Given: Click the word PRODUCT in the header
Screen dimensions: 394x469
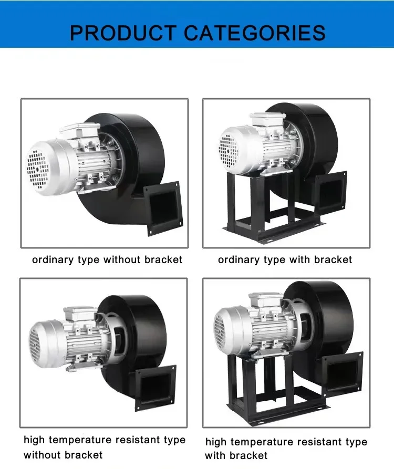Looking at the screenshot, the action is click(123, 33).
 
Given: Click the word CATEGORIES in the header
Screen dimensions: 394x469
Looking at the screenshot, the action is click(255, 33).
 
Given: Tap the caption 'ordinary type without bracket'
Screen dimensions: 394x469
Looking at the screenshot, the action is click(107, 260).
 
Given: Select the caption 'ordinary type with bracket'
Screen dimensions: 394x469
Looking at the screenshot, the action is click(285, 260).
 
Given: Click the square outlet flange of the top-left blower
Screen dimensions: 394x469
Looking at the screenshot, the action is click(163, 208).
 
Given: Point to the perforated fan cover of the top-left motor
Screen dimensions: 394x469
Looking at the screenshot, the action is click(37, 168).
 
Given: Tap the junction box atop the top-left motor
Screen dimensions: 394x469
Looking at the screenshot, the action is click(79, 130).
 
